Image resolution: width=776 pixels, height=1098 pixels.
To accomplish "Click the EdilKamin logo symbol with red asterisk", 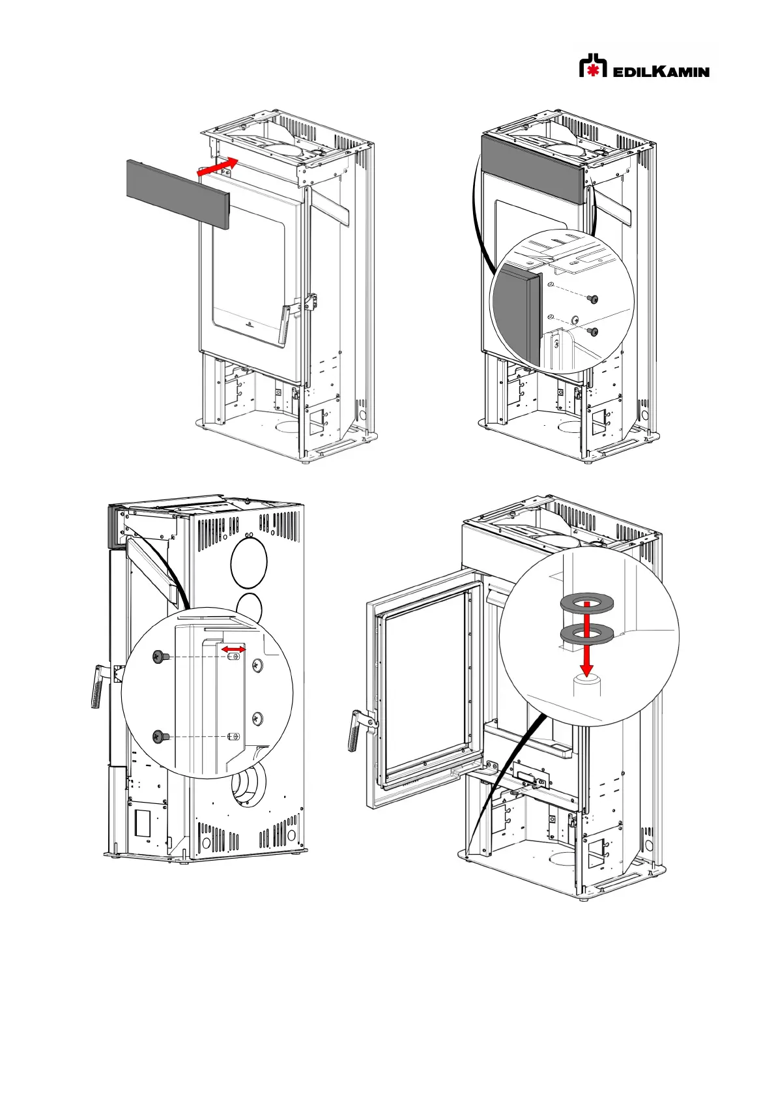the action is coord(593,65).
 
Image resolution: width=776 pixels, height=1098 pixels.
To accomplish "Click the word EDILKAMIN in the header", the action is coord(661,72).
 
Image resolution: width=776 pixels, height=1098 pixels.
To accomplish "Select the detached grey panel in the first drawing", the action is coord(178,194).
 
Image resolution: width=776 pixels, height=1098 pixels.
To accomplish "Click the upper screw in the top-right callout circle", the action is coord(594,299).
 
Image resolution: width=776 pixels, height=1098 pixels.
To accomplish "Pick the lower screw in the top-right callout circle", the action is coord(594,331).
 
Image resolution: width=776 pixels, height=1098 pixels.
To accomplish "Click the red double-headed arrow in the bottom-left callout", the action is coord(233,649).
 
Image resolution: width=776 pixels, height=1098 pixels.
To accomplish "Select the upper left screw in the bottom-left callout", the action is coord(160,656).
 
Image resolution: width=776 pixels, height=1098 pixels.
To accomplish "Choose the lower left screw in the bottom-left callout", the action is coord(160,736).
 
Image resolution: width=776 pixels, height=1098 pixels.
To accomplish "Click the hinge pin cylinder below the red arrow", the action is coord(587,684).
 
